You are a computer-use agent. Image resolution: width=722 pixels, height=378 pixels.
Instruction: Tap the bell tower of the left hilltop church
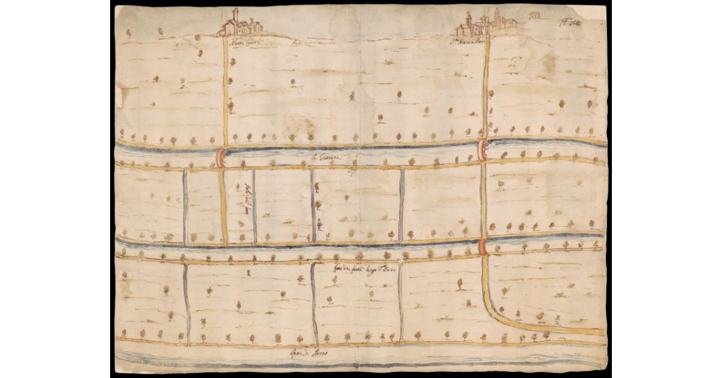click(x=236, y=16)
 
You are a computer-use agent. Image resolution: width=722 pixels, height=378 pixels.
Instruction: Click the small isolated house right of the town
click(x=533, y=15)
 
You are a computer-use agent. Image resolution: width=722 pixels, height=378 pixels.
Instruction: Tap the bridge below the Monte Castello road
click(x=221, y=157)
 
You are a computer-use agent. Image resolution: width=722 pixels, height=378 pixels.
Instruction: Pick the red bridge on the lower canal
click(x=484, y=247)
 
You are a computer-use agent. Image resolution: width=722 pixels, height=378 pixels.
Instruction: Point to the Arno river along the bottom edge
click(x=361, y=363)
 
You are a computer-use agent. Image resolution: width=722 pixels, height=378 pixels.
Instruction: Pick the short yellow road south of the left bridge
click(x=223, y=205)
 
